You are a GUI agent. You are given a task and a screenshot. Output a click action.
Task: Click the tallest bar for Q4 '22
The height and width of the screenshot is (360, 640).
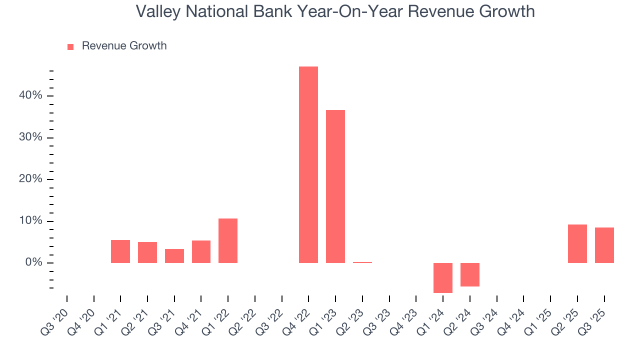(308, 165)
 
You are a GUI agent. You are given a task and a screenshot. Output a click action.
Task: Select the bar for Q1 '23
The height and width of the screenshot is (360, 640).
(335, 186)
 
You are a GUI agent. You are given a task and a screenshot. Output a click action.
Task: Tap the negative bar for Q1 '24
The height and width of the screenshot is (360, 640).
(443, 277)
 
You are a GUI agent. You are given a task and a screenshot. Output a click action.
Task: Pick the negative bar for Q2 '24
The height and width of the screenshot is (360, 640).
(470, 274)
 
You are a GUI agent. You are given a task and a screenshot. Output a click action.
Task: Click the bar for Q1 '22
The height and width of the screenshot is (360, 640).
(228, 240)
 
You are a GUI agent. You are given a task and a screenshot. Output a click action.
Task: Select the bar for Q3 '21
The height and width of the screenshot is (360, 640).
(174, 256)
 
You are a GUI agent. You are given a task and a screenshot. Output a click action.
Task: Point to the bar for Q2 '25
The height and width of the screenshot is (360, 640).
(577, 243)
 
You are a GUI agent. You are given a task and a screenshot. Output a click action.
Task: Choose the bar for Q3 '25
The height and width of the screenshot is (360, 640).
(604, 245)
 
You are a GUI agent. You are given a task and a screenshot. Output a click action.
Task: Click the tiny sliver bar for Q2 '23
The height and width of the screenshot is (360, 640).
(362, 262)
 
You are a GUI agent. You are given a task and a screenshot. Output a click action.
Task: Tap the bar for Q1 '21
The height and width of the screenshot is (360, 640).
(120, 251)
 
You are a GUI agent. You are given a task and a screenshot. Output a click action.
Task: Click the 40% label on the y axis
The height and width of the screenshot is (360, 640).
(30, 95)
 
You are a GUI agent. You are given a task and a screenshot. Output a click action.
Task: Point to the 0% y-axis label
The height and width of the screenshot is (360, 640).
(33, 263)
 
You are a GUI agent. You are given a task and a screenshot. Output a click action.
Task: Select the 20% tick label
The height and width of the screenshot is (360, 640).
(30, 179)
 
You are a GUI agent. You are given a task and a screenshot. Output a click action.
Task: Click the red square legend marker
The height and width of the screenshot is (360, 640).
(70, 47)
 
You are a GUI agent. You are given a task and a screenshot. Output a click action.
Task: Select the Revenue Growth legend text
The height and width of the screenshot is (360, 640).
(124, 46)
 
